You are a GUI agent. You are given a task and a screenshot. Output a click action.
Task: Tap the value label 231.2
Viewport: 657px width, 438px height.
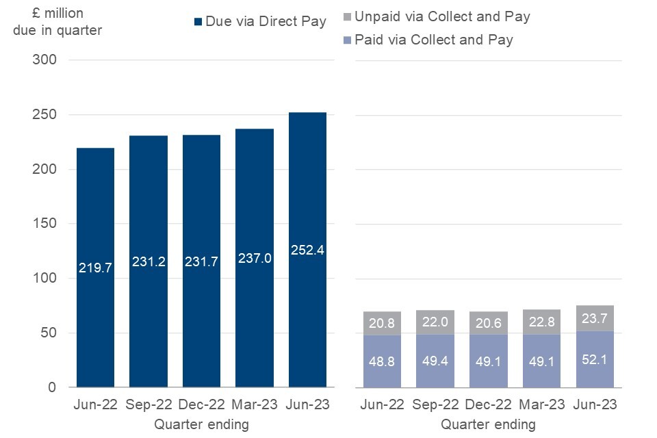click(148, 261)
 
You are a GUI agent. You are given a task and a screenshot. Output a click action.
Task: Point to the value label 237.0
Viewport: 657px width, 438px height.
click(254, 259)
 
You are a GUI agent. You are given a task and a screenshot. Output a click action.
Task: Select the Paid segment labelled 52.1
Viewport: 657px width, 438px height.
click(594, 359)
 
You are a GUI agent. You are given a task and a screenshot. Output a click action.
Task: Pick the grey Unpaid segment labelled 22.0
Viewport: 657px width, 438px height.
click(435, 322)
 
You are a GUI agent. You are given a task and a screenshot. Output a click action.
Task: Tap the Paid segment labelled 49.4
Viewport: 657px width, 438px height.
click(435, 361)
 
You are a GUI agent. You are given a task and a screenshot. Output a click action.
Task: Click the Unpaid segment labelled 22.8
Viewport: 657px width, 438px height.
click(541, 322)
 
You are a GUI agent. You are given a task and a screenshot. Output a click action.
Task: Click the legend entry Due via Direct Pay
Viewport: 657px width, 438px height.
click(261, 21)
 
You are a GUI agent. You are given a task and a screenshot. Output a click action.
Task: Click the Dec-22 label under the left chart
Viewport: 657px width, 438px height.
click(201, 405)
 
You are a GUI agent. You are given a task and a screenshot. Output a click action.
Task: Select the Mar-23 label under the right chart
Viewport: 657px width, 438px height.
click(541, 405)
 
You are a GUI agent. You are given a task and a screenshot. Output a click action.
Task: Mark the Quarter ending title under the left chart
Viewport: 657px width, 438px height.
click(201, 424)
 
